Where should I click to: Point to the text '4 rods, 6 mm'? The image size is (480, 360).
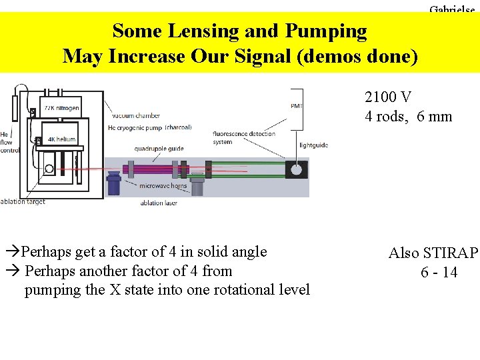[x=408, y=117]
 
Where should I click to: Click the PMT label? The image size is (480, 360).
[x=297, y=106]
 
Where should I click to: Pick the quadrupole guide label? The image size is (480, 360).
[x=159, y=149]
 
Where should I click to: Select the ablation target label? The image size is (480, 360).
[x=23, y=201]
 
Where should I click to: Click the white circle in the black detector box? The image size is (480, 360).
[x=295, y=171]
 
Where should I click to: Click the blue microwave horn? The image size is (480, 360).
[x=114, y=183]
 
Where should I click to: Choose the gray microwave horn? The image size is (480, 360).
[x=197, y=184]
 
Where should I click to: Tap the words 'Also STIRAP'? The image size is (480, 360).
[x=433, y=253]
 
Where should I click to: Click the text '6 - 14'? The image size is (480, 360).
[x=439, y=272]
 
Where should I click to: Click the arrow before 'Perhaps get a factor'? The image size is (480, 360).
[x=13, y=252]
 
